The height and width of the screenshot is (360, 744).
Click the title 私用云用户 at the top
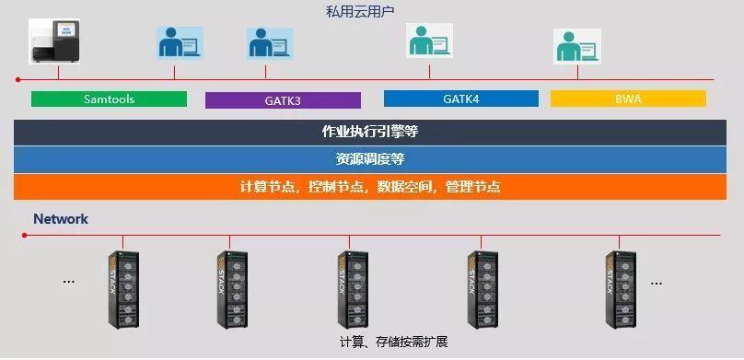(371, 11)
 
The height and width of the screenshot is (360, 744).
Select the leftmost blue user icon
(180, 42)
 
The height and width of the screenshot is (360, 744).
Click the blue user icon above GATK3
(269, 42)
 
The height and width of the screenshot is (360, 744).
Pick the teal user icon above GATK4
(428, 41)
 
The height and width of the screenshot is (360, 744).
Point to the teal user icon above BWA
(576, 45)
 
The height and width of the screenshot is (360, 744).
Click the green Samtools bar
(109, 99)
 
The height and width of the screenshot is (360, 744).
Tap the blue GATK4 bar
(460, 98)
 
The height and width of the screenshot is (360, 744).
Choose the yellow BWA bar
(628, 98)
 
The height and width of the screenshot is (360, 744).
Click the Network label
(61, 219)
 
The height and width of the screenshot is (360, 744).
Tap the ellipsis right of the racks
(656, 282)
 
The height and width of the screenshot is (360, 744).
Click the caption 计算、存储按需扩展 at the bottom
(393, 343)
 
